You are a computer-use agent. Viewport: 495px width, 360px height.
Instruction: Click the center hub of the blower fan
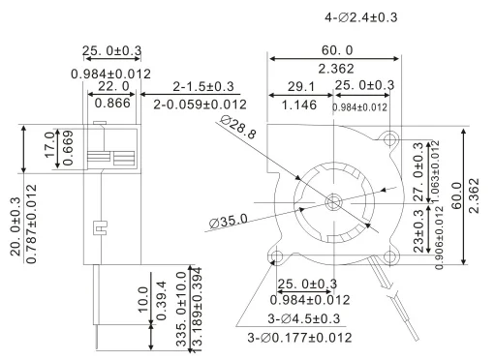[x=334, y=202]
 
